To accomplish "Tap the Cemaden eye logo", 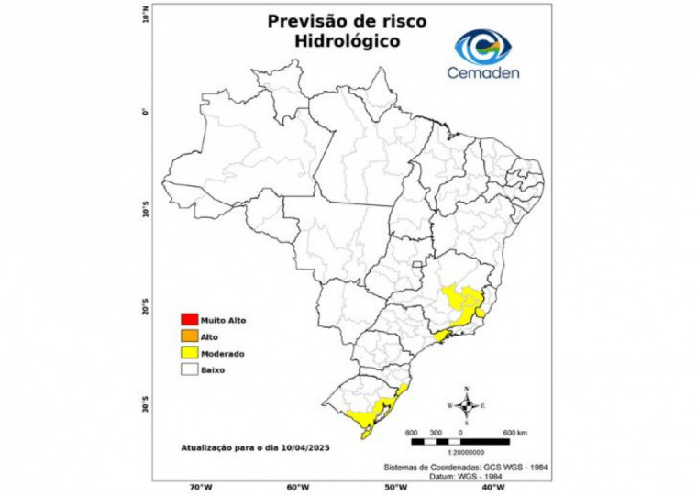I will click(484, 46).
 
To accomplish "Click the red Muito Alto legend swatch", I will click(190, 320).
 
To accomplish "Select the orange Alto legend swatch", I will click(190, 336).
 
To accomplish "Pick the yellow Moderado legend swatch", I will click(190, 353).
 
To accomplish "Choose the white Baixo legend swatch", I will click(190, 369).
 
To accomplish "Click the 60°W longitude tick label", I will click(297, 487).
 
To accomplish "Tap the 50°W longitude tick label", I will click(394, 487).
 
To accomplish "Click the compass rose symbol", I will click(467, 404).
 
